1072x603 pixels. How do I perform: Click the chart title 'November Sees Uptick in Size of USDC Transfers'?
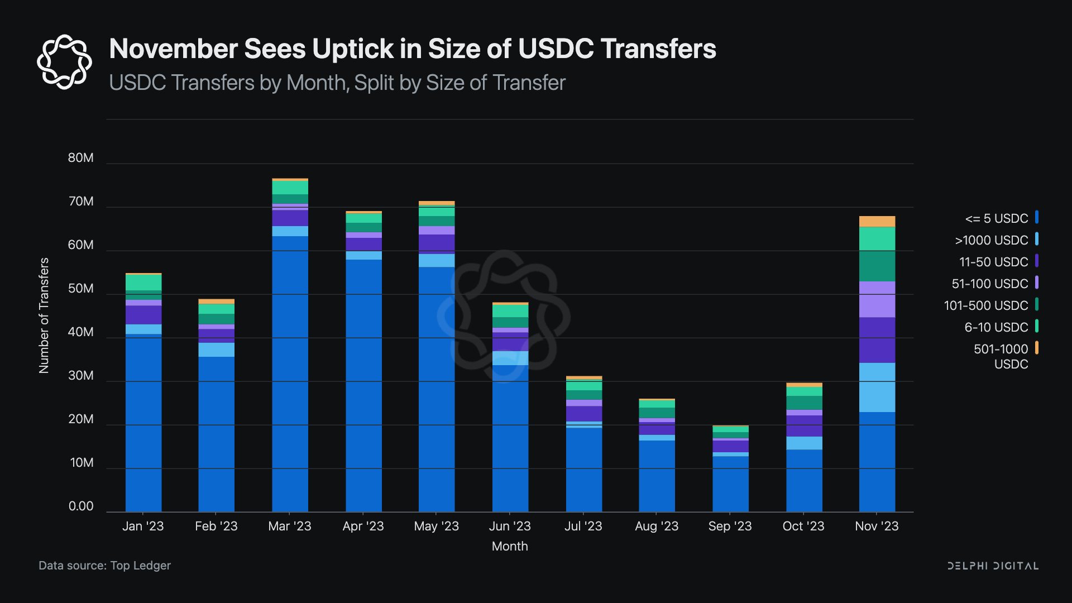[x=413, y=49]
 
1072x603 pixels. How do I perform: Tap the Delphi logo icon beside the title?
[x=64, y=61]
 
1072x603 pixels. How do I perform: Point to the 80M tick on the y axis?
[x=81, y=158]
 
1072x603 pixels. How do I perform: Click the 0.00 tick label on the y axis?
[x=81, y=506]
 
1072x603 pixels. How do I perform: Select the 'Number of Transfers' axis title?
[x=44, y=315]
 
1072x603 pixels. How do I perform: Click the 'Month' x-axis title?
[x=510, y=546]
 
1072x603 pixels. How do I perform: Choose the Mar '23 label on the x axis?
[x=290, y=526]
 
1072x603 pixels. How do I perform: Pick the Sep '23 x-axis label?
[x=730, y=526]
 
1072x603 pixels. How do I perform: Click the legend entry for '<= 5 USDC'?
[x=997, y=218]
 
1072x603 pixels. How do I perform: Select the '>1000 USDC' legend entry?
[x=992, y=240]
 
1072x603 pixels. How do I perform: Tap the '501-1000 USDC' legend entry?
[x=1001, y=356]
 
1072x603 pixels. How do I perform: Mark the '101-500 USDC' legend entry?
[x=986, y=305]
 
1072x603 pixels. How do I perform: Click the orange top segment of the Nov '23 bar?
[x=877, y=222]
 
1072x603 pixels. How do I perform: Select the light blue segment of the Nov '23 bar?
[x=877, y=387]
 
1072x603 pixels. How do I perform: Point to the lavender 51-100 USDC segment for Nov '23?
[x=877, y=299]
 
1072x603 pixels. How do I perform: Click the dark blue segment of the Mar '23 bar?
[x=290, y=374]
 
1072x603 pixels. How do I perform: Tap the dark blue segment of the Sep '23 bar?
[x=730, y=484]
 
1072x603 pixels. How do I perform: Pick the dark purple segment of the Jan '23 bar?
[x=143, y=315]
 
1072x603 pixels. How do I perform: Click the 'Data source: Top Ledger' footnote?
[x=104, y=566]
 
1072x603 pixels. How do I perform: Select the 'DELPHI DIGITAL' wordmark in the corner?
[x=993, y=566]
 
